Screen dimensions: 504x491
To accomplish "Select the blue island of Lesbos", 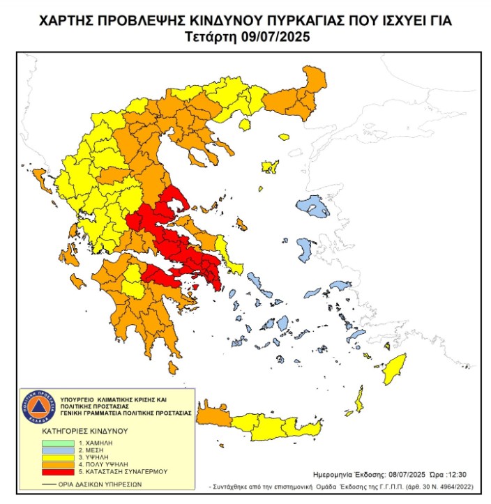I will [x=312, y=206].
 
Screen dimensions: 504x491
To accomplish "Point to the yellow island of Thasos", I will [x=244, y=125].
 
